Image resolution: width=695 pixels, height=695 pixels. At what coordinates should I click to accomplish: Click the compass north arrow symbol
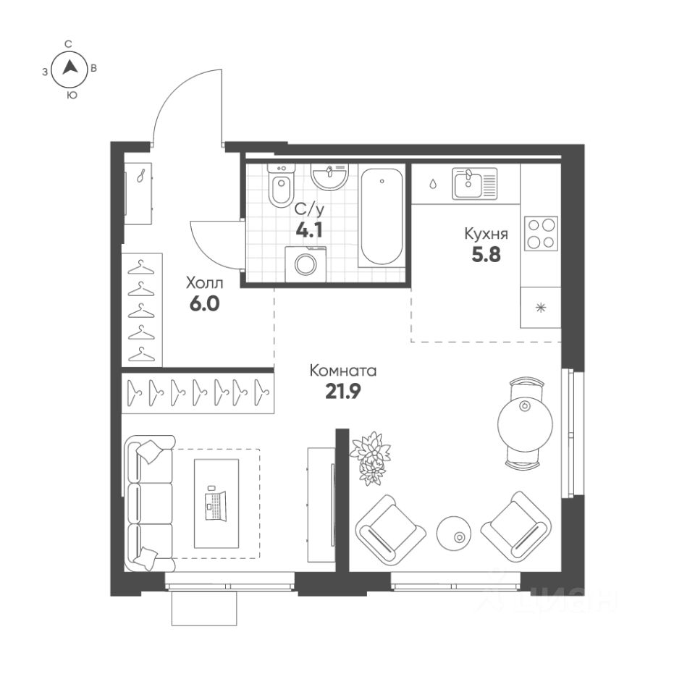(x=69, y=69)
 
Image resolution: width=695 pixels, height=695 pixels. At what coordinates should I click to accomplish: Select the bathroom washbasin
(x=329, y=175)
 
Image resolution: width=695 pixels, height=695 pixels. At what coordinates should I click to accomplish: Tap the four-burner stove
(x=541, y=233)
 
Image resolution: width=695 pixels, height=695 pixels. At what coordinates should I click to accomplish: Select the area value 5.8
(x=486, y=255)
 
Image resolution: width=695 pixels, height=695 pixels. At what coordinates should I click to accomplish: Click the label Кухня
(x=486, y=235)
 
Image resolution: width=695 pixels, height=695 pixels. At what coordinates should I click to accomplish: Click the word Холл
(x=204, y=282)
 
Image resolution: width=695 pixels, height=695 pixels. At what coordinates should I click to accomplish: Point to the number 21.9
(x=342, y=392)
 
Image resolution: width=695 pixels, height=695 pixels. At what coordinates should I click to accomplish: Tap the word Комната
(x=342, y=371)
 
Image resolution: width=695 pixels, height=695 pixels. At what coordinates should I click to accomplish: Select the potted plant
(x=370, y=456)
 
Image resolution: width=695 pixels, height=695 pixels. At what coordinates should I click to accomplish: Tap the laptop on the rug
(x=216, y=505)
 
